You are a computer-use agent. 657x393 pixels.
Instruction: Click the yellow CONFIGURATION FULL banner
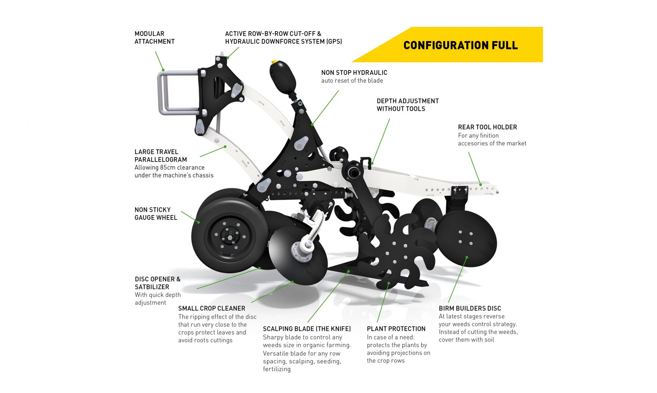coord(460,45)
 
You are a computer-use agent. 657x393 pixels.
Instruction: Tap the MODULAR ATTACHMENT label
coord(155,37)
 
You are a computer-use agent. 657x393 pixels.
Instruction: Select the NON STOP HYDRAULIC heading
coord(354,73)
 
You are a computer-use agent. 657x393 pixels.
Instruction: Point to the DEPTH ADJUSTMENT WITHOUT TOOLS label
coord(407,105)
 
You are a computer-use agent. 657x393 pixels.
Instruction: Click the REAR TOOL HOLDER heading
coord(487,127)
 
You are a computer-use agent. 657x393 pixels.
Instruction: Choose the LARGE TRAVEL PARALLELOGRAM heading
coord(161,156)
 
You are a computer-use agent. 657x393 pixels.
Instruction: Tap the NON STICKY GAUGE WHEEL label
coord(156,214)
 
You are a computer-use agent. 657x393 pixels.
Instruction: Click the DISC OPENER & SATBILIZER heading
coord(158,283)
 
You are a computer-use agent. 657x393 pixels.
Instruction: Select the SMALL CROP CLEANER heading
coord(212,308)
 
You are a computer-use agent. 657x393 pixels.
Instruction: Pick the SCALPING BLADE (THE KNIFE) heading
coord(307,329)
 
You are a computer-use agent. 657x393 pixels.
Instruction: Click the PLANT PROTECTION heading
coord(396,329)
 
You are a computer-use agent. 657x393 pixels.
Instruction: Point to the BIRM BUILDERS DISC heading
coord(470,308)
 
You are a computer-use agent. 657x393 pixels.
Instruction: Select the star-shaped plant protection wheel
coord(398,251)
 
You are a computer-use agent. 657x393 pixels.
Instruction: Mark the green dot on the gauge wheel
coord(199,222)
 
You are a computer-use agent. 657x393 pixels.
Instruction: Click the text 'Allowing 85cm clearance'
coord(170,167)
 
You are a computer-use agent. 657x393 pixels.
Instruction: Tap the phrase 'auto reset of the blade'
coord(352,81)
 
